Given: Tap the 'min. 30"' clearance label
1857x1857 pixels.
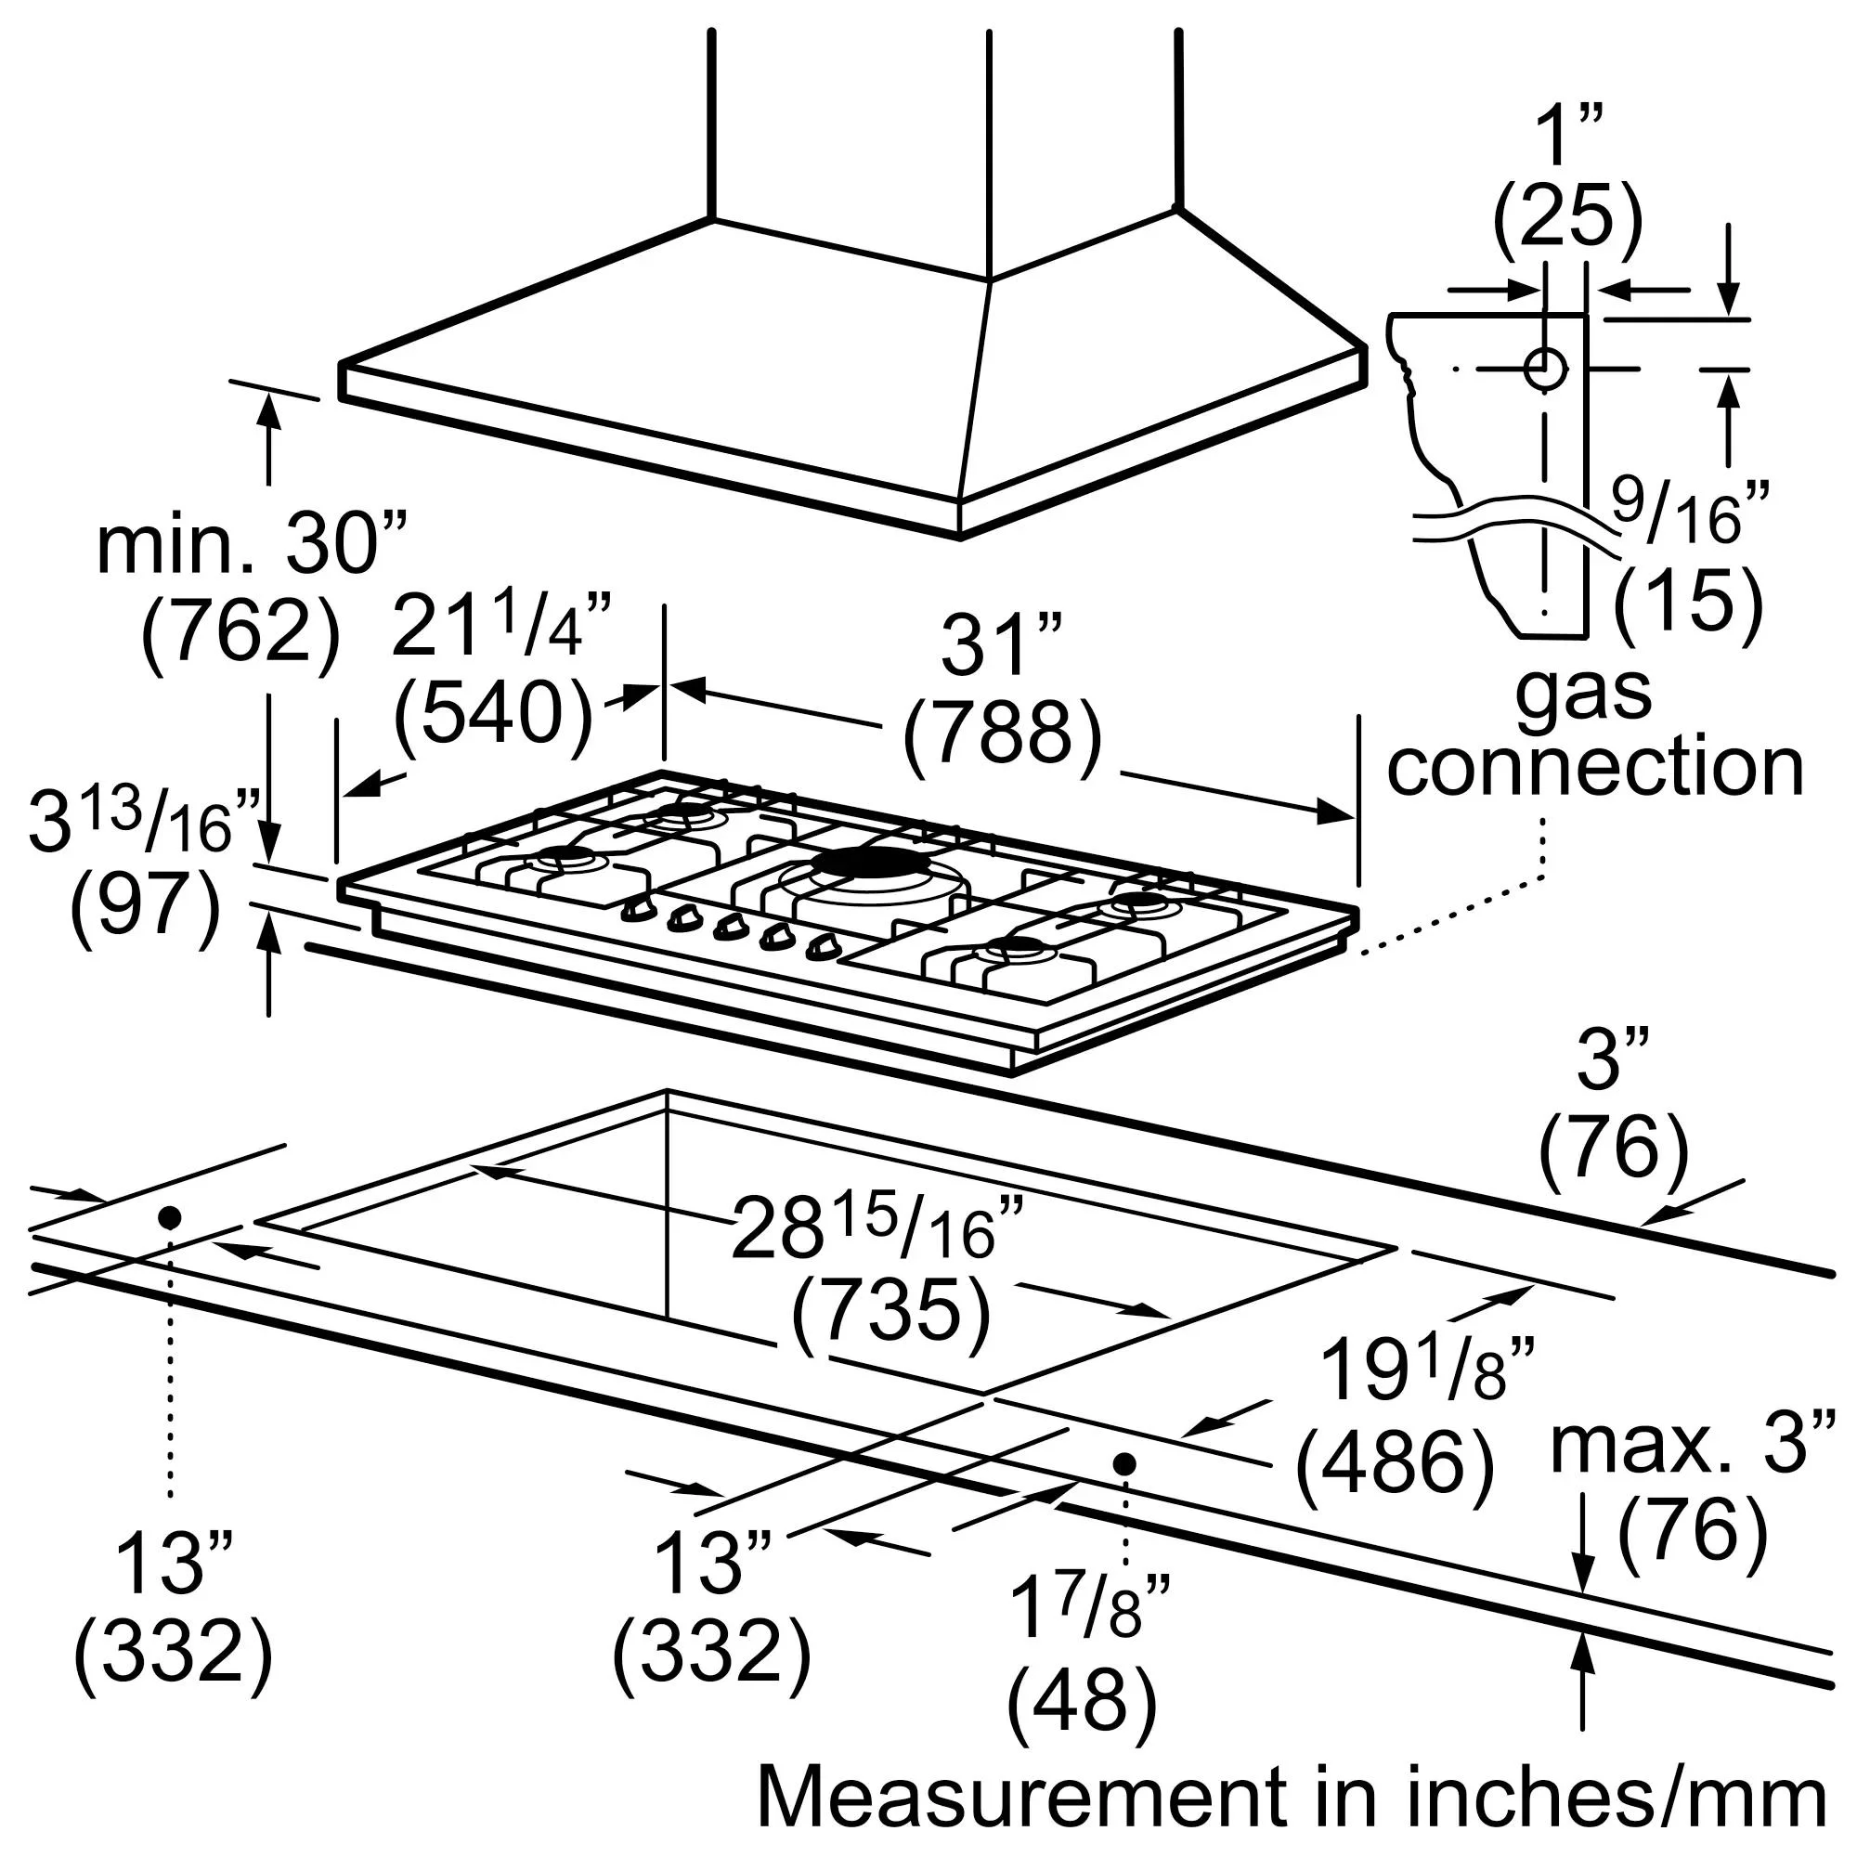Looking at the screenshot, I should coord(252,546).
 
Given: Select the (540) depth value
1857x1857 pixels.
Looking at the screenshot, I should coord(493,713).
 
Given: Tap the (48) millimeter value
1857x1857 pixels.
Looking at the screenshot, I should coord(1082,1699).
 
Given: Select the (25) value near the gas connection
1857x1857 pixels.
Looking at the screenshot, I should coord(1566,218).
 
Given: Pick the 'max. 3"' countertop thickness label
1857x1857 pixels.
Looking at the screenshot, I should coord(1693,1442).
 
